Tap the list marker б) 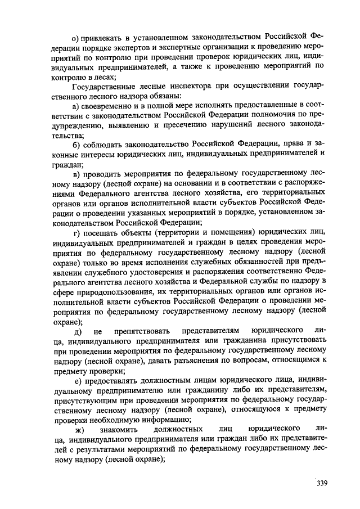75,145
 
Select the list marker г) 75,232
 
